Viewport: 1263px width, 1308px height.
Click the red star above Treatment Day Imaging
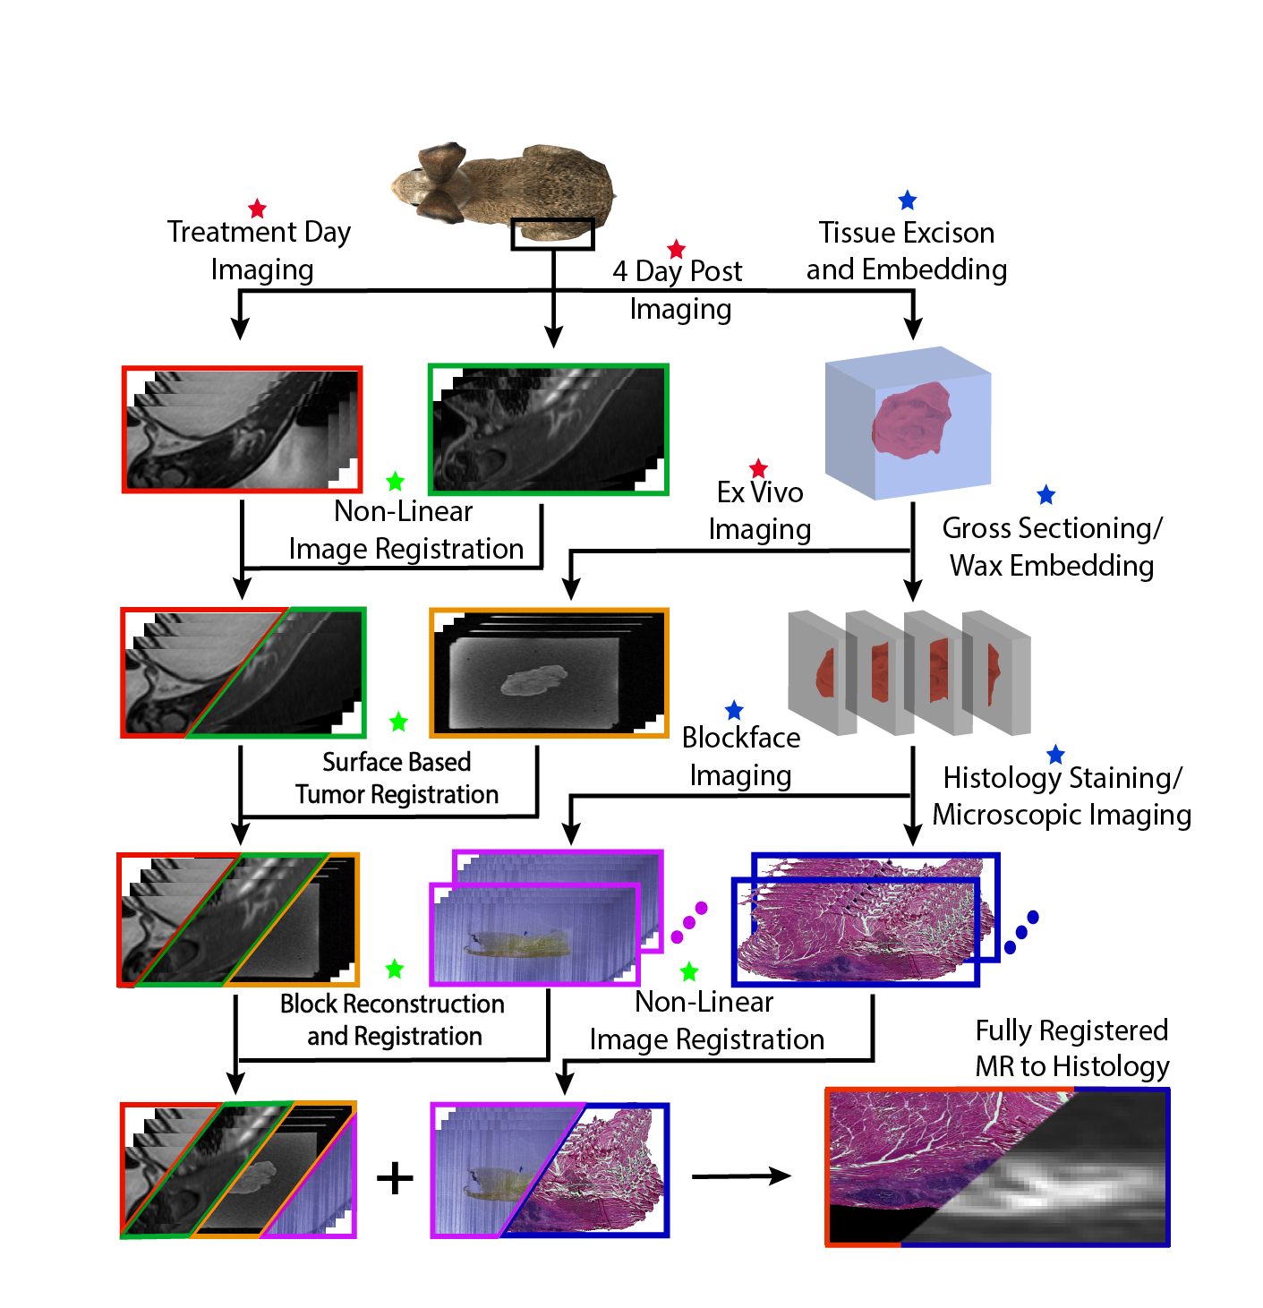coord(257,209)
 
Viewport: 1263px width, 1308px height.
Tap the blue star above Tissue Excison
coord(907,201)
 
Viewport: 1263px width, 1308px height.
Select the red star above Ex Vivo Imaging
coord(758,468)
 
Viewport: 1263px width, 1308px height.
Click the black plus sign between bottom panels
coord(395,1177)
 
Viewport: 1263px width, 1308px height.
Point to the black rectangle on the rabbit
coord(552,235)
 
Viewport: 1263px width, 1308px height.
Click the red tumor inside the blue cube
coord(910,421)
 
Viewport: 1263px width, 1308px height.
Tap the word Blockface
coord(741,738)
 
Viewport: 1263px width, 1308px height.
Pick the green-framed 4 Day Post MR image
coord(549,429)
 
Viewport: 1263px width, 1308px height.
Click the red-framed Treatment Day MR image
coord(242,429)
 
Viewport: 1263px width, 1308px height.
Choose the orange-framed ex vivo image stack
coord(549,673)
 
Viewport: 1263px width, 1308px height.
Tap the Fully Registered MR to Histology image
coord(997,1167)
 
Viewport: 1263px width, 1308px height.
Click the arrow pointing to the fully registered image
coord(741,1176)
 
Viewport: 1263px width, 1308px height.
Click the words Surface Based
coord(397,762)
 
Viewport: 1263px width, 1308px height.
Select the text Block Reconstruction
coord(392,1004)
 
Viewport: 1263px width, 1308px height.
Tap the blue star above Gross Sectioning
coord(1045,495)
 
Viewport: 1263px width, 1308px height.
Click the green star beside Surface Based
coord(398,722)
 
